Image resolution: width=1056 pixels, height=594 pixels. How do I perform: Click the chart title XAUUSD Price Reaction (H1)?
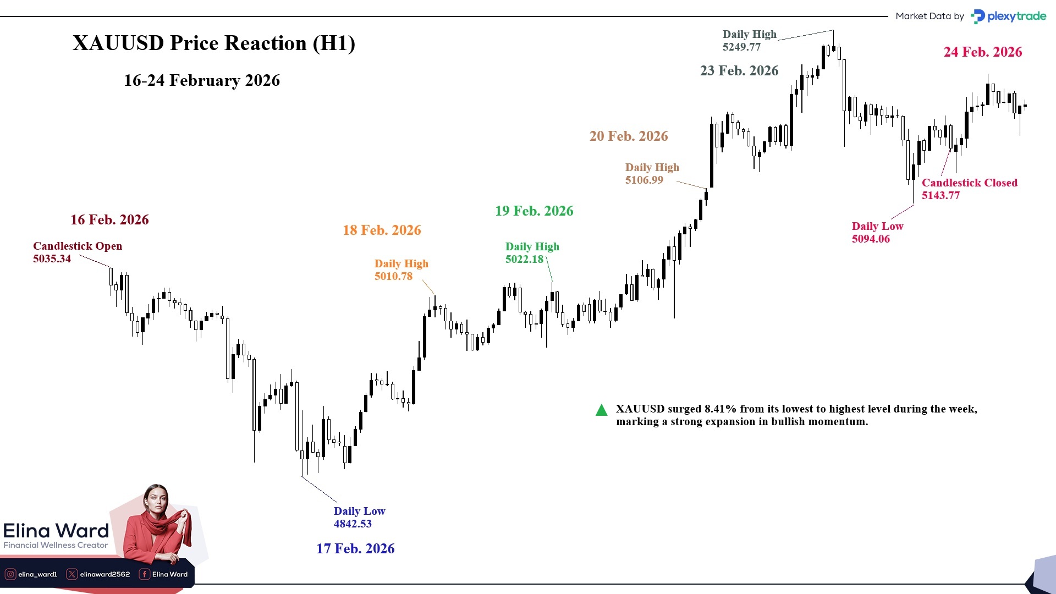pos(213,43)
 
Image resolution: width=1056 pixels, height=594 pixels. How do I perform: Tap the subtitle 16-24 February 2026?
pos(201,81)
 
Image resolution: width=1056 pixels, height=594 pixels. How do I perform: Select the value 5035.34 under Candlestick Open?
pos(52,259)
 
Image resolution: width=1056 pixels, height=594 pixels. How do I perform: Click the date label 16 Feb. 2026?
pos(109,220)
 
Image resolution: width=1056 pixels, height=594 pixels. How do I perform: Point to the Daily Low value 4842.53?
pos(353,524)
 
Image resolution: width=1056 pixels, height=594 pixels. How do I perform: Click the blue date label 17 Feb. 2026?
pos(355,549)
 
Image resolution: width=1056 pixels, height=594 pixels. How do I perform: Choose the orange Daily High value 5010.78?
pos(393,277)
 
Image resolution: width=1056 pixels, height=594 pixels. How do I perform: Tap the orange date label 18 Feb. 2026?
pos(382,230)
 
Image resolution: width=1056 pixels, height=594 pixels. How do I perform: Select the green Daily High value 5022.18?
pos(524,260)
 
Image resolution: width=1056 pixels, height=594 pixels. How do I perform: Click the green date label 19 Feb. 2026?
pos(533,211)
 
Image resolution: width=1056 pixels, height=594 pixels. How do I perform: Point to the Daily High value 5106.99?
pos(644,180)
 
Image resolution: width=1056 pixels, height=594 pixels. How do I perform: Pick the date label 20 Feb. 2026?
pos(629,136)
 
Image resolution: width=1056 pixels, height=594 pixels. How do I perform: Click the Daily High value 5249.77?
pos(741,47)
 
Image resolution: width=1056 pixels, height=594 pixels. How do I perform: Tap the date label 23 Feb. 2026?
pos(739,71)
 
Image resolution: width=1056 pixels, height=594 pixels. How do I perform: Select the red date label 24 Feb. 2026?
pos(983,52)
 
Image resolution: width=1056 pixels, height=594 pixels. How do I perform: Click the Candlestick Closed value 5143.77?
pos(941,196)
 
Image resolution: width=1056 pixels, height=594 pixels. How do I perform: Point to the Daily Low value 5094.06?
pos(871,239)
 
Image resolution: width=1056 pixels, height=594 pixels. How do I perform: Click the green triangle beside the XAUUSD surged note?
pos(601,410)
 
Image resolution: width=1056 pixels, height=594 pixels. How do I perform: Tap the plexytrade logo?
pos(1009,16)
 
